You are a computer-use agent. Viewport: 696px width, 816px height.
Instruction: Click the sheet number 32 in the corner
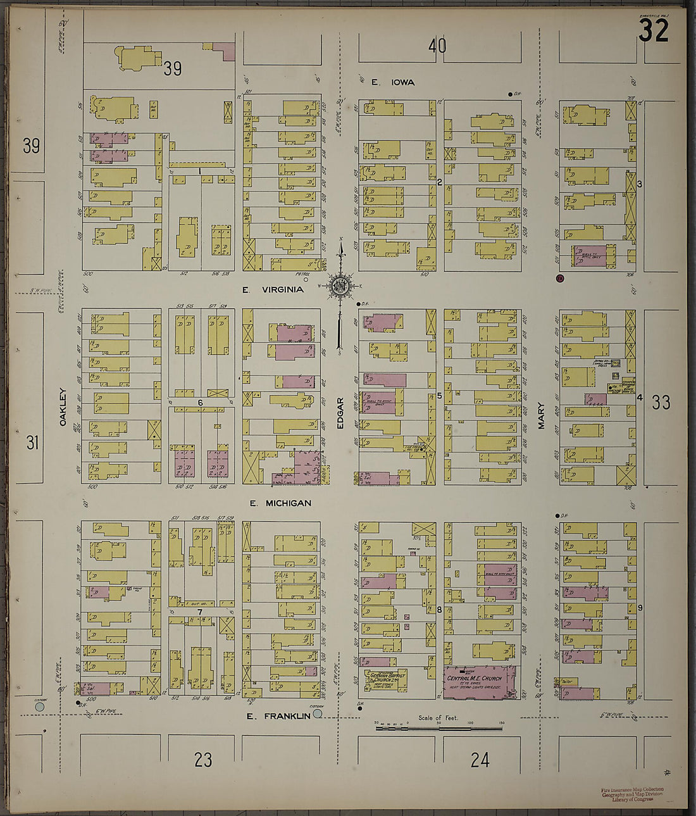pos(653,31)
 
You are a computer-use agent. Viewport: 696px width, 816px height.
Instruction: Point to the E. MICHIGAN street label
pos(280,503)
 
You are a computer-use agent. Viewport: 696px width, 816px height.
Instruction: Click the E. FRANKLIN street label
pos(278,716)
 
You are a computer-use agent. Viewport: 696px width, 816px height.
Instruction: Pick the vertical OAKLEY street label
pos(63,406)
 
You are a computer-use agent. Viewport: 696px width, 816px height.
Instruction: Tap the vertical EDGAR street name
pos(340,413)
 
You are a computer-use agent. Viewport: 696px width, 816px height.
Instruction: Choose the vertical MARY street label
pos(541,417)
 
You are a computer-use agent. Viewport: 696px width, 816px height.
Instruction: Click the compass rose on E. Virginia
pos(340,286)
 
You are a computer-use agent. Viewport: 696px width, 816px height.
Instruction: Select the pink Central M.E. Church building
pos(480,682)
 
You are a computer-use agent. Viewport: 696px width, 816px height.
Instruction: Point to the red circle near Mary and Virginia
pos(559,278)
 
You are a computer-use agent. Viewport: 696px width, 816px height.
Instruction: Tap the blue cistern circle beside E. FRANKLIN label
pos(318,713)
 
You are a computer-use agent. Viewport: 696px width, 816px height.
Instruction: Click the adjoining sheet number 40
pos(437,46)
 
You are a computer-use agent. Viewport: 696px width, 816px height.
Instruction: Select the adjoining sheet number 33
pos(661,402)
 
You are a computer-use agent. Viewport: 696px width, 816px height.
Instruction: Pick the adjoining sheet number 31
pos(32,443)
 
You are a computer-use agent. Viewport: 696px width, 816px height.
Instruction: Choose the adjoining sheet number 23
pos(202,760)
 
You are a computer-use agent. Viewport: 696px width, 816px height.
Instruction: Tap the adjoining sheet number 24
pos(480,760)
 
